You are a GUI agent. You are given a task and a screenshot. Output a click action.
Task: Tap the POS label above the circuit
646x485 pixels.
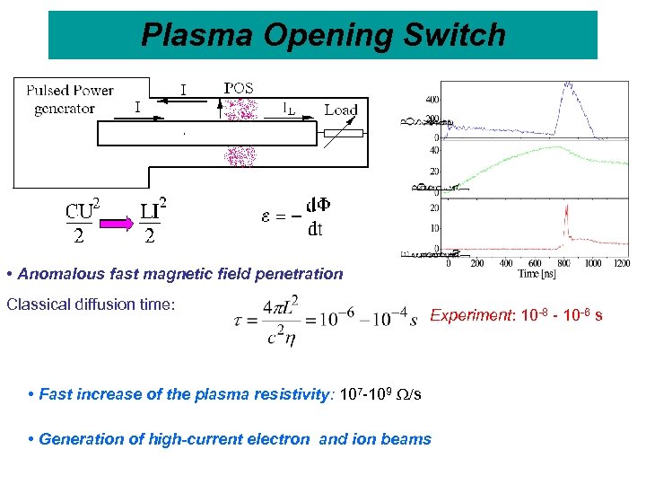(238, 88)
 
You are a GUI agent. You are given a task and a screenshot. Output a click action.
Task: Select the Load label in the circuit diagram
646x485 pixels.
(340, 110)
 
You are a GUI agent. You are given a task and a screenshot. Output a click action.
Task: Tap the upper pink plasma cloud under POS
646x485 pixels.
(240, 109)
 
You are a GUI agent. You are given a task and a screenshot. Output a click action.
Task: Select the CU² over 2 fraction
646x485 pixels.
(82, 222)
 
